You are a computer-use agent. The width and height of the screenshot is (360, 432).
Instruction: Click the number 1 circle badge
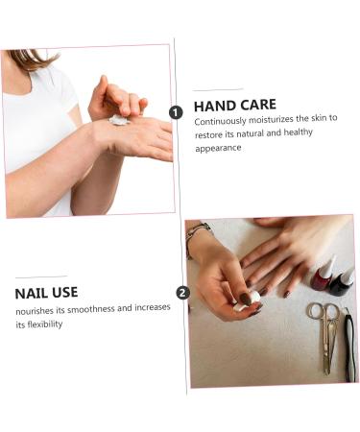coord(176,112)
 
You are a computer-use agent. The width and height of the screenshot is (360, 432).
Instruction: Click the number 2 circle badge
coord(182,293)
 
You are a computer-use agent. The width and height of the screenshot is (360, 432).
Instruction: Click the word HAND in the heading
coord(214,106)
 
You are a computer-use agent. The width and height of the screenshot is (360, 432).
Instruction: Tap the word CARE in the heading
coord(258,105)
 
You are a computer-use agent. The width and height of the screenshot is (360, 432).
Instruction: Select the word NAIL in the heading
coord(31,294)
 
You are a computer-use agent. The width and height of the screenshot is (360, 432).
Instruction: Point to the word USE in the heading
coord(65,293)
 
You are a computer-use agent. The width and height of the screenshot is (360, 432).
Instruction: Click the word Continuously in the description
coord(220,121)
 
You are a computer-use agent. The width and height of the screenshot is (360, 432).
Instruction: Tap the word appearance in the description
coord(218,149)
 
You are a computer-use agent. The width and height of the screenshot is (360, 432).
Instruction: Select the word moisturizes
coord(271,119)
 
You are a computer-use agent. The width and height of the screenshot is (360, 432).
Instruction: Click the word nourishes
coord(35,311)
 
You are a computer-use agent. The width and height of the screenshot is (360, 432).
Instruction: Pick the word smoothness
coord(91,309)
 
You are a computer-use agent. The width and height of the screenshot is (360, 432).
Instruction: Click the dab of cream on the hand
coord(118,120)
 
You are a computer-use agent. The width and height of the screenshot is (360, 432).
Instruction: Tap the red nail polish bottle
coord(323,276)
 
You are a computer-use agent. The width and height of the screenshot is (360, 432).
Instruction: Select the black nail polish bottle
coord(342,283)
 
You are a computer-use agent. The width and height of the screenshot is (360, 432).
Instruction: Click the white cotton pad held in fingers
coord(247,301)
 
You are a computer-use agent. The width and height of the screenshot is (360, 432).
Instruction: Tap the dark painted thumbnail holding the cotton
coord(246,300)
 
